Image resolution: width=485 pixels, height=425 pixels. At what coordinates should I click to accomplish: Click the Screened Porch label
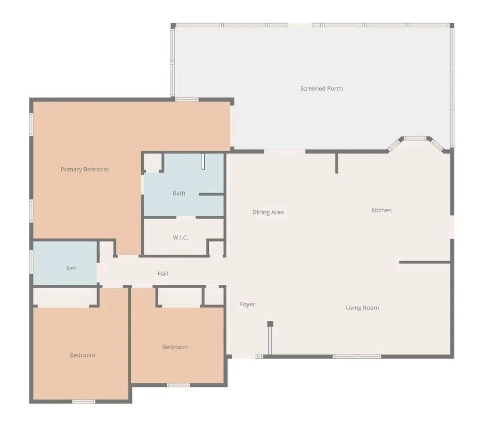pos(321,89)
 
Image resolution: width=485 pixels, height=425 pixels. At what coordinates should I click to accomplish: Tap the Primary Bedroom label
pos(85,170)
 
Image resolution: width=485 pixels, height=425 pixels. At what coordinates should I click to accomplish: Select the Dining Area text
pos(268,212)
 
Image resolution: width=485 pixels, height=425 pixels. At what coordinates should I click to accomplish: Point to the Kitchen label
pos(381,210)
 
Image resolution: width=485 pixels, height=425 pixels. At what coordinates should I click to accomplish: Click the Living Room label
pos(362,308)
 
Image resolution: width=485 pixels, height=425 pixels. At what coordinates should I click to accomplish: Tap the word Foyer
pos(247,304)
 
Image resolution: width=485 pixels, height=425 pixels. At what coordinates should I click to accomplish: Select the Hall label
pos(163,273)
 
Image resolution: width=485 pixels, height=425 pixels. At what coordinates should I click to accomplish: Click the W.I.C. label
pos(180,237)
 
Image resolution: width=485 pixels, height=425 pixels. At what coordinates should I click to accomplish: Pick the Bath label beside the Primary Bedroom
pos(179,193)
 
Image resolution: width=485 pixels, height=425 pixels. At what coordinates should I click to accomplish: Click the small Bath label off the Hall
pos(71,268)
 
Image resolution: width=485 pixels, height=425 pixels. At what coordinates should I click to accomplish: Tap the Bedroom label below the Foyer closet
pos(175,347)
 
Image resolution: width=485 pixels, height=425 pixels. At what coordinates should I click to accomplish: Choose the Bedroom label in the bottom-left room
pos(83,355)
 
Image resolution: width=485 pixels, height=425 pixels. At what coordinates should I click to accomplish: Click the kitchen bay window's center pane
pos(415,138)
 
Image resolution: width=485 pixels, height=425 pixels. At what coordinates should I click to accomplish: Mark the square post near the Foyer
pos(270,323)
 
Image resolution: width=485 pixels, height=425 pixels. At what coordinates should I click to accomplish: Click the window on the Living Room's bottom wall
pos(357,356)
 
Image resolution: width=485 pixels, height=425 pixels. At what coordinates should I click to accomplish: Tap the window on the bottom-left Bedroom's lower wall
pos(84,401)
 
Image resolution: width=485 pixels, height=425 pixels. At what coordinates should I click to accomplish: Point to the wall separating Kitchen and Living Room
pos(424,262)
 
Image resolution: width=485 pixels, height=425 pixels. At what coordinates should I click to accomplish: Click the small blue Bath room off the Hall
pos(65,263)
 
